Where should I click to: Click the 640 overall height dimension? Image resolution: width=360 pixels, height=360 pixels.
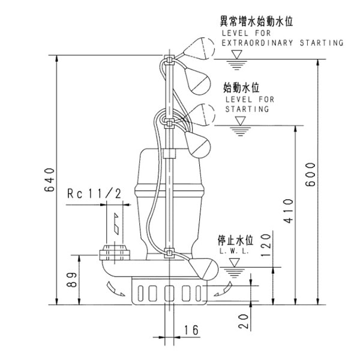coord(50,181)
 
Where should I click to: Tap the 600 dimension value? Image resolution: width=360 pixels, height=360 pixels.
coord(309,175)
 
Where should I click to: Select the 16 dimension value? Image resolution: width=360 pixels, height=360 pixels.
coord(191,329)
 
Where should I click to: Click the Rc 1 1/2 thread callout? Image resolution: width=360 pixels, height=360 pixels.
coord(95,193)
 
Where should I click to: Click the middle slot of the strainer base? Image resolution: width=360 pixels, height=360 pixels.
coord(169,293)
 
